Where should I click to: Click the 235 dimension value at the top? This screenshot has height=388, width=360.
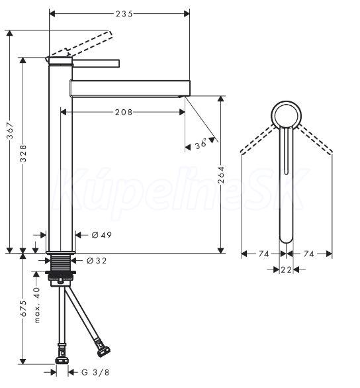[124, 14]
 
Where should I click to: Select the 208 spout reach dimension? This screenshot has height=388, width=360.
[124, 113]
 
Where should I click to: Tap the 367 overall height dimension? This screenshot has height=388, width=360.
[11, 134]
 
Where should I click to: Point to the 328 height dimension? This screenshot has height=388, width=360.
[23, 154]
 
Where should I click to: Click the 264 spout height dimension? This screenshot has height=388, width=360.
[221, 175]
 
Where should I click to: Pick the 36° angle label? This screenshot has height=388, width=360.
[201, 144]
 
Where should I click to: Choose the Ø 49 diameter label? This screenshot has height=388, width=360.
[102, 235]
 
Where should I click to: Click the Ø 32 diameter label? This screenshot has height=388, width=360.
[97, 261]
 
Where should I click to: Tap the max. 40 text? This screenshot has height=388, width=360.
[37, 305]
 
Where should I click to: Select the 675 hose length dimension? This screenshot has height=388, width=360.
[23, 309]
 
